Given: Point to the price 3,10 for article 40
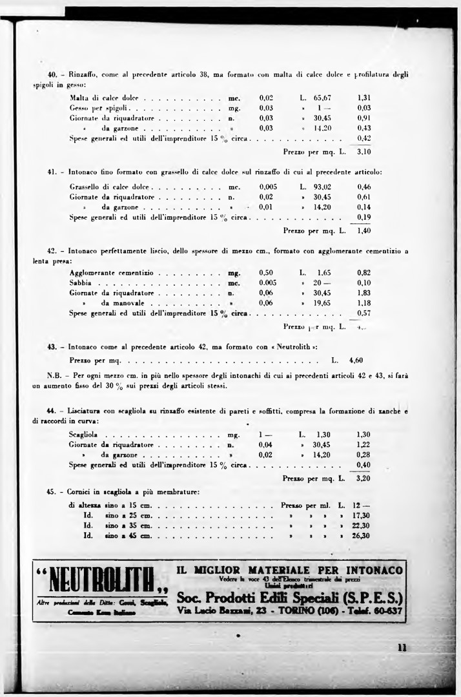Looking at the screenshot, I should click(x=364, y=152).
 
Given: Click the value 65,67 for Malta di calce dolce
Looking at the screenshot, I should click(x=322, y=98).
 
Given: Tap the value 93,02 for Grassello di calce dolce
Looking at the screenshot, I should click(x=322, y=187).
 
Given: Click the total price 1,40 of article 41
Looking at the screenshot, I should click(x=364, y=230).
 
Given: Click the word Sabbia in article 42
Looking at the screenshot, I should click(x=80, y=283).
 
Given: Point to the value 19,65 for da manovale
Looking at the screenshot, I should click(x=322, y=303).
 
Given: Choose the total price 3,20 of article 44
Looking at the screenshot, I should click(x=364, y=479).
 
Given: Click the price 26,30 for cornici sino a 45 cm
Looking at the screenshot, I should click(x=361, y=536).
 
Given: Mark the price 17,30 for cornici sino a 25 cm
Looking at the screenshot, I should click(x=361, y=515).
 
